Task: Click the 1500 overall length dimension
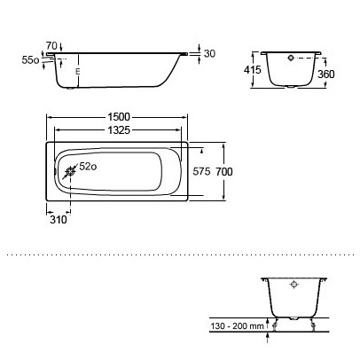[119, 117]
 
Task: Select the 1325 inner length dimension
[119, 129]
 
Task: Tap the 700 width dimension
[224, 171]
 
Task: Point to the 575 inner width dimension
[201, 171]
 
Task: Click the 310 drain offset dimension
[59, 220]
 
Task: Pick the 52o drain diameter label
[88, 167]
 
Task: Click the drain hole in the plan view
[71, 171]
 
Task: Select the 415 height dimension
[253, 70]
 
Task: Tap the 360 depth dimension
[326, 74]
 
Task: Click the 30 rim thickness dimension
[209, 53]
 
